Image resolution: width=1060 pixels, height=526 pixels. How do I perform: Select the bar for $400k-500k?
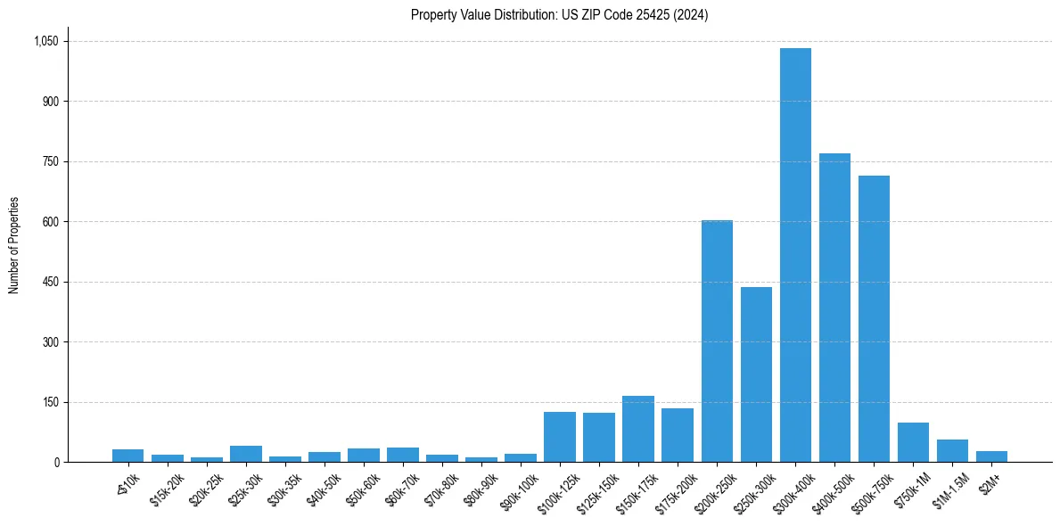[x=834, y=308]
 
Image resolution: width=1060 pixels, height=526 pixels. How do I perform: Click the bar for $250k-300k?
[x=756, y=374]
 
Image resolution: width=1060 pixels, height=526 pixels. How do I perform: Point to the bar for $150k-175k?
[x=638, y=429]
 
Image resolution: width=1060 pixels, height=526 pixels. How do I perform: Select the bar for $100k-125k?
[x=560, y=437]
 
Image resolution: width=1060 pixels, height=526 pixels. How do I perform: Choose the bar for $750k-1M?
[x=913, y=442]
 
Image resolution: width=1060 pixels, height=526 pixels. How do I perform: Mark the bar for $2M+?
[x=991, y=456]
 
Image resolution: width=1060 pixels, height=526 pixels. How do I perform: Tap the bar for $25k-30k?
[x=246, y=454]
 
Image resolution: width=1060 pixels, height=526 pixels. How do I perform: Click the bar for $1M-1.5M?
[x=952, y=451]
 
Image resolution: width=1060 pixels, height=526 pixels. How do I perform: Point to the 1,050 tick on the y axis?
[x=45, y=41]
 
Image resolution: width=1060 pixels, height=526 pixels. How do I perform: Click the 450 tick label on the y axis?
[x=51, y=282]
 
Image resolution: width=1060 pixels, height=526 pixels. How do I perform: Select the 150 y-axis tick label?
[x=51, y=402]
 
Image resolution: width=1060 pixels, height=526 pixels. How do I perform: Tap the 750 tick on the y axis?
[x=51, y=161]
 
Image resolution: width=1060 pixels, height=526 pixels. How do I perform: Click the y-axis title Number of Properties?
[x=13, y=245]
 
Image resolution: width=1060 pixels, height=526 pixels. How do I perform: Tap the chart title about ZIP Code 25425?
[x=559, y=14]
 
